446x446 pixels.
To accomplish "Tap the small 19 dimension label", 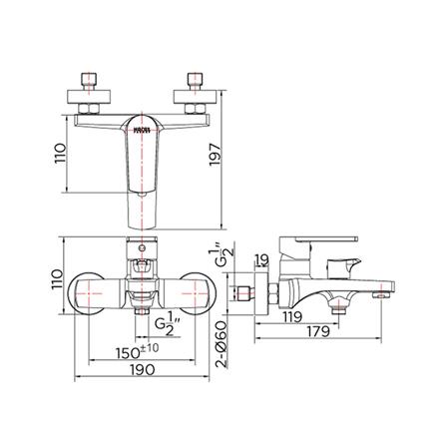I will click(x=260, y=262).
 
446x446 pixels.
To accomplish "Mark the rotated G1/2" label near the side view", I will click(x=224, y=260).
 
